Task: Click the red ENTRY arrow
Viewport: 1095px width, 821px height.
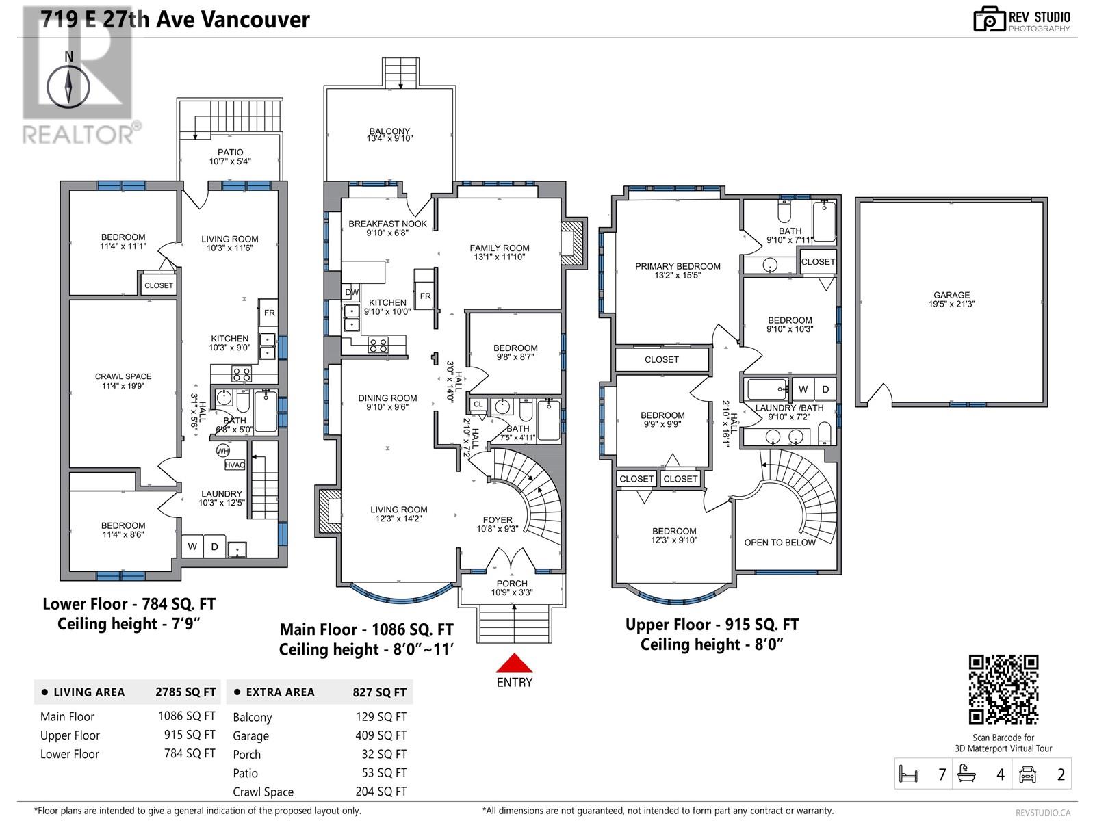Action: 514,662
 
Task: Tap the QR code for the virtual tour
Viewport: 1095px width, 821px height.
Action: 1003,689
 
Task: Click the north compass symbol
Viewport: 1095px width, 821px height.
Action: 68,86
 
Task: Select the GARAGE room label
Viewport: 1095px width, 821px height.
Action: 951,295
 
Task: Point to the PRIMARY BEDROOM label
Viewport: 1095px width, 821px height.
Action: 678,266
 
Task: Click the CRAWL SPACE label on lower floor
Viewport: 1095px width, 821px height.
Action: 123,376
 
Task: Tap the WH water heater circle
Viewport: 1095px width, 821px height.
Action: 222,451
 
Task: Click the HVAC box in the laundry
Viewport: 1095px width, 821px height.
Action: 235,465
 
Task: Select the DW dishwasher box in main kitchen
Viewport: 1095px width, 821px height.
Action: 352,292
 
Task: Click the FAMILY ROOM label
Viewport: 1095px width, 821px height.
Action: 500,248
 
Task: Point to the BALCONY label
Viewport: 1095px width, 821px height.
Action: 389,131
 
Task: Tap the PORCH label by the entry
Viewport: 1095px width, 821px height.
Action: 512,583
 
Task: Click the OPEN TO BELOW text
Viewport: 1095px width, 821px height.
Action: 780,543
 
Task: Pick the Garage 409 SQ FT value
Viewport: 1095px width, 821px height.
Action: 381,735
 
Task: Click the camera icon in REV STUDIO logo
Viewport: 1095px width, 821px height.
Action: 989,19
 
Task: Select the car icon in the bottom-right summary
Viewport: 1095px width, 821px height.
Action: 1027,774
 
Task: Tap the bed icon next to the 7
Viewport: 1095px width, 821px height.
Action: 908,774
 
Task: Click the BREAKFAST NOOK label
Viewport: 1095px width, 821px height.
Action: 387,224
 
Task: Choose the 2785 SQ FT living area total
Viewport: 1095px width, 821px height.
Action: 185,692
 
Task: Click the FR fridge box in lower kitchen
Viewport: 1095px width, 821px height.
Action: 270,313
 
